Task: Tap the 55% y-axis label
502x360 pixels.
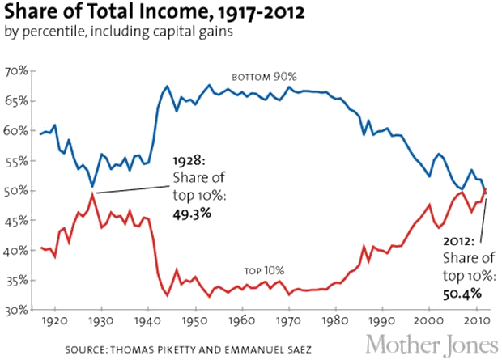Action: point(17,160)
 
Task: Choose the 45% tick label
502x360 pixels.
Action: point(17,220)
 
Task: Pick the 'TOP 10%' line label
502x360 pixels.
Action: point(266,272)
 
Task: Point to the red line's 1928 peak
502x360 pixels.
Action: point(94,194)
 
